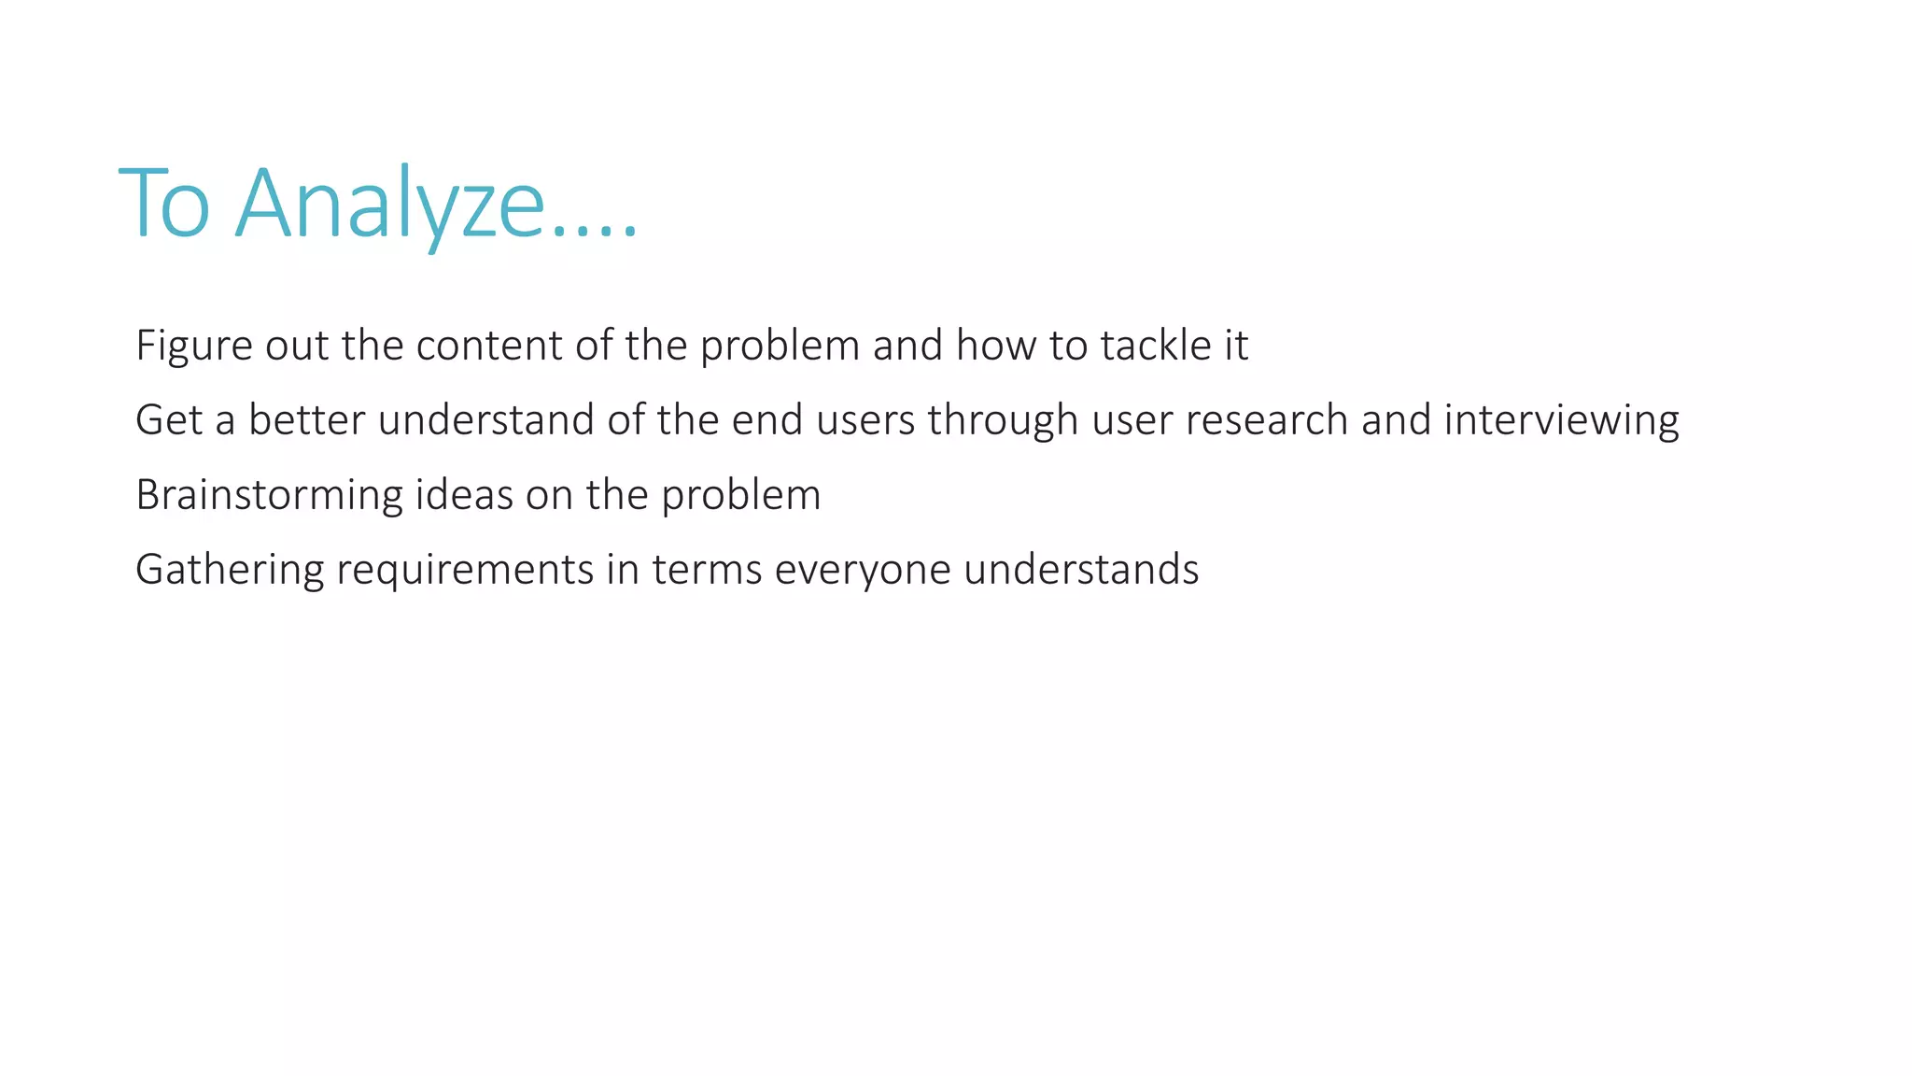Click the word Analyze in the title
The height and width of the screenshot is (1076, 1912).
389,204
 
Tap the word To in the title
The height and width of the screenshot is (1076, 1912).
164,204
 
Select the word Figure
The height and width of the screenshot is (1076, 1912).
194,346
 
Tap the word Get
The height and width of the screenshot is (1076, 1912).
169,420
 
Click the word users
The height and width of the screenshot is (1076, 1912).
865,420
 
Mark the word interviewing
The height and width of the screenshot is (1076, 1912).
1561,420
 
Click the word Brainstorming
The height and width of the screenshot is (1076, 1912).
269,495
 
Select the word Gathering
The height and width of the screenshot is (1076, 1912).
230,570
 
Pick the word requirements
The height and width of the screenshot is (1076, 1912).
465,570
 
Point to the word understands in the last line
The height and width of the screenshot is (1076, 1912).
1081,570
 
